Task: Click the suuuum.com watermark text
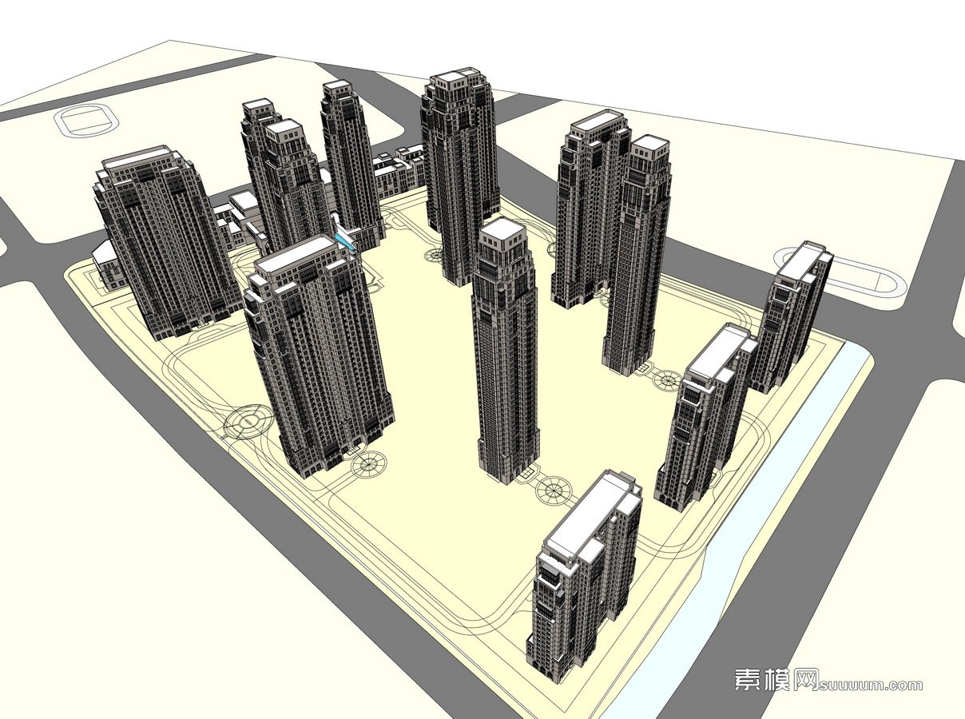pyautogui.click(x=870, y=687)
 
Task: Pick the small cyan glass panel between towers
pyautogui.click(x=345, y=240)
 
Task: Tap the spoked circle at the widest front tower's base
pyautogui.click(x=369, y=464)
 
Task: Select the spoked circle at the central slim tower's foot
pyautogui.click(x=554, y=491)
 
